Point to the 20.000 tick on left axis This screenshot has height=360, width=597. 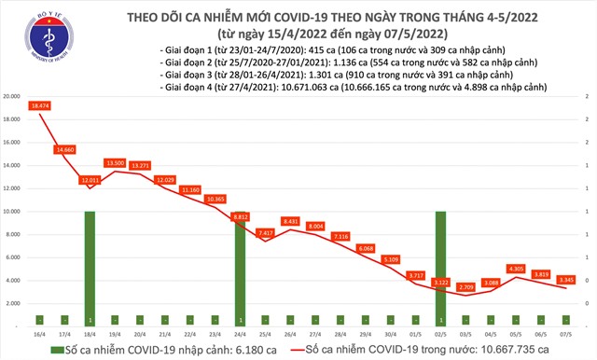tap(13, 97)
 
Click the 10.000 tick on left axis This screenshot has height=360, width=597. tap(13, 212)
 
